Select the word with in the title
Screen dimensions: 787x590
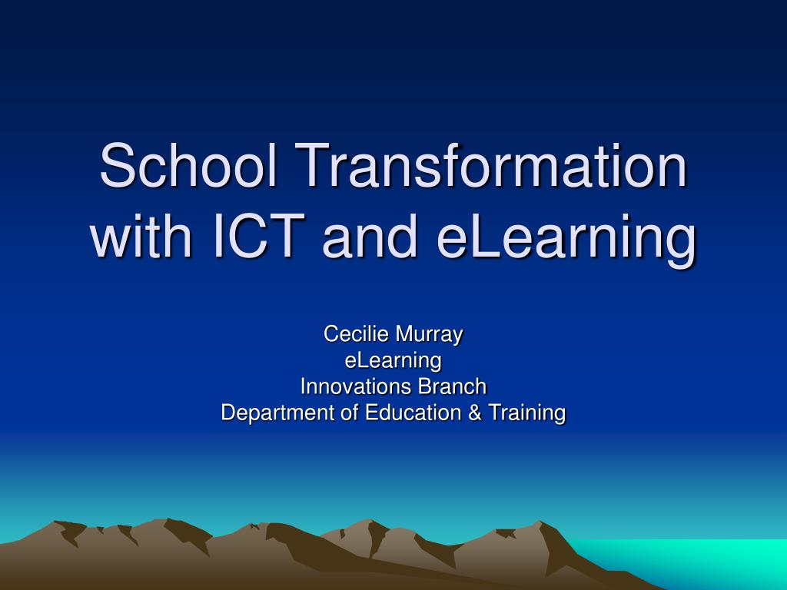click(141, 235)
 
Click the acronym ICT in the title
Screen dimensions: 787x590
click(260, 235)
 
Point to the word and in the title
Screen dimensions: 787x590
click(370, 235)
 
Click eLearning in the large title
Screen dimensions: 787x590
click(566, 239)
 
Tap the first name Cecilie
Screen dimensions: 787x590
click(355, 334)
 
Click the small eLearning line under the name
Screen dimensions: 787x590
click(393, 361)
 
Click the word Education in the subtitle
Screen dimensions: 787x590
click(413, 413)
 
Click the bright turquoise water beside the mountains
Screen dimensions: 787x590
click(702, 562)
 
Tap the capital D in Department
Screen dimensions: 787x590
click(229, 413)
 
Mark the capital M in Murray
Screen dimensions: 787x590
click(404, 334)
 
